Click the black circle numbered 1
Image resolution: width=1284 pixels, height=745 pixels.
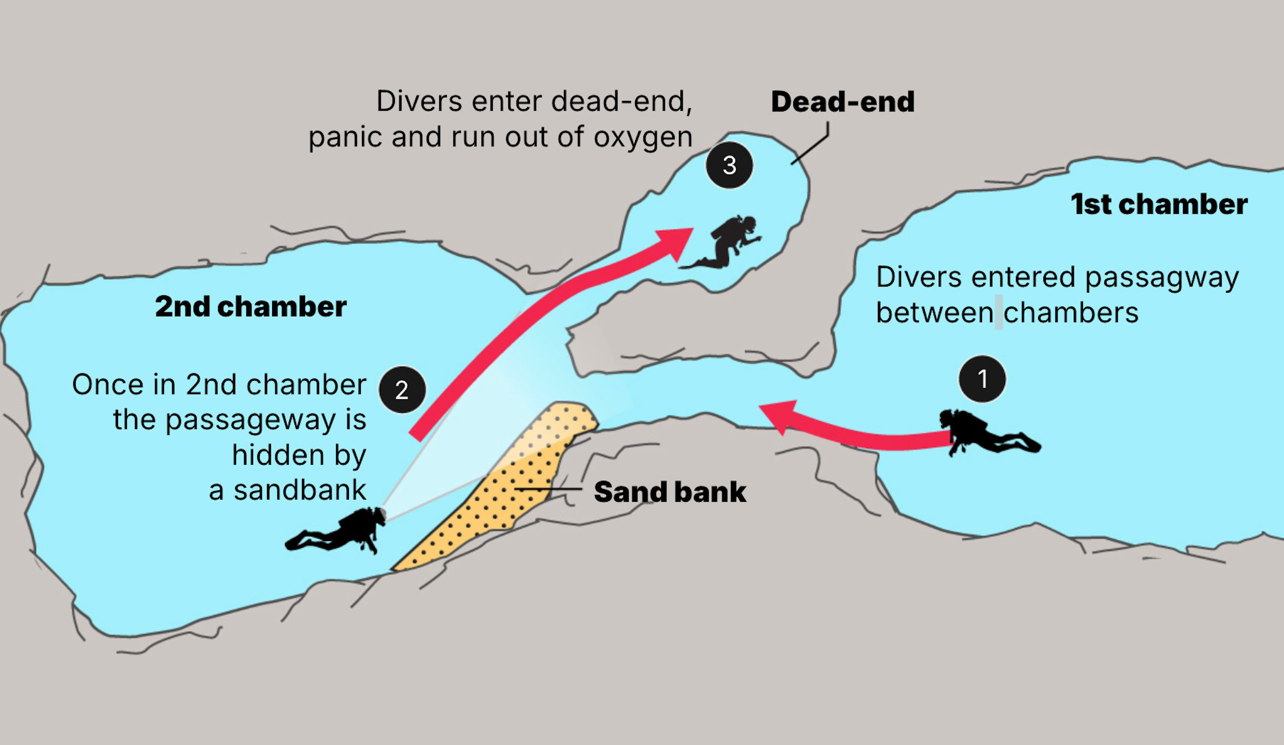pos(982,379)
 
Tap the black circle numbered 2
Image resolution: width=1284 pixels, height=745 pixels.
pos(402,390)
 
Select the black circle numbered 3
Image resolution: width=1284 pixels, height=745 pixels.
pos(729,165)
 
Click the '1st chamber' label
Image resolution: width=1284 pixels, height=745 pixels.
pos(1159,204)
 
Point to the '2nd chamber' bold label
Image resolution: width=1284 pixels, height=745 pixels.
pos(251,307)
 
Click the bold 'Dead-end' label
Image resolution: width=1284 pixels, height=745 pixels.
pos(843,101)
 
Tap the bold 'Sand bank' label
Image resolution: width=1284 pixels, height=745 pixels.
pos(670,492)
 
